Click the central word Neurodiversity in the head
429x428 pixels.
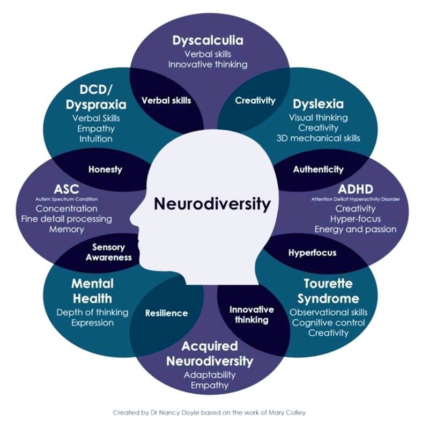pyautogui.click(x=212, y=204)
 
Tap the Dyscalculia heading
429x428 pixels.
pyautogui.click(x=208, y=41)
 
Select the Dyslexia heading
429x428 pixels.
pyautogui.click(x=318, y=104)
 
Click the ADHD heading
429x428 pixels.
pyautogui.click(x=356, y=189)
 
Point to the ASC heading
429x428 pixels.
pyautogui.click(x=66, y=189)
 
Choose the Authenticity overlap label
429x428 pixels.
pyautogui.click(x=318, y=169)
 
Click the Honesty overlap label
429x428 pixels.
pyautogui.click(x=105, y=169)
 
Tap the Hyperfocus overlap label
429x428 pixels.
pyautogui.click(x=313, y=253)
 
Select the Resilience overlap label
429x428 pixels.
pyautogui.click(x=167, y=313)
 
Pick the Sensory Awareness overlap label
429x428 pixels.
pyautogui.click(x=109, y=252)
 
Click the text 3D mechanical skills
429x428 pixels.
pyautogui.click(x=318, y=138)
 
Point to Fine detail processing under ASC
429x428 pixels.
pyautogui.click(x=66, y=219)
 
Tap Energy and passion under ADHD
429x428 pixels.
pyautogui.click(x=356, y=230)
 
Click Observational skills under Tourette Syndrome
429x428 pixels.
pyautogui.click(x=328, y=312)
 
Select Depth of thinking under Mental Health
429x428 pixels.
pyautogui.click(x=92, y=313)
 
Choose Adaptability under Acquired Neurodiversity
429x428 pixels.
pyautogui.click(x=210, y=375)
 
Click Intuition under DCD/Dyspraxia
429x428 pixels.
pyautogui.click(x=96, y=139)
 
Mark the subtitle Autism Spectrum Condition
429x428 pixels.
pyautogui.click(x=66, y=199)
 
